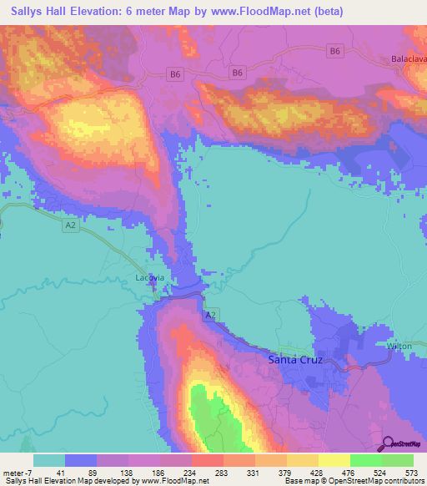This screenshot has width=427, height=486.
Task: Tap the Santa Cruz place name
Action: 296,360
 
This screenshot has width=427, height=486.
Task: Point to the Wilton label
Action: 399,346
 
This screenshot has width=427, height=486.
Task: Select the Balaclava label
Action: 409,59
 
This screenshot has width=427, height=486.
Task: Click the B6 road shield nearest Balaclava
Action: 335,52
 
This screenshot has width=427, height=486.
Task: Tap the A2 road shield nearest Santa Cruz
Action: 212,314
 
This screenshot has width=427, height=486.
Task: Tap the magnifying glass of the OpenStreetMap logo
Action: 389,443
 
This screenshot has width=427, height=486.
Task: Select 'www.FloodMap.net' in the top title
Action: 265,11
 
